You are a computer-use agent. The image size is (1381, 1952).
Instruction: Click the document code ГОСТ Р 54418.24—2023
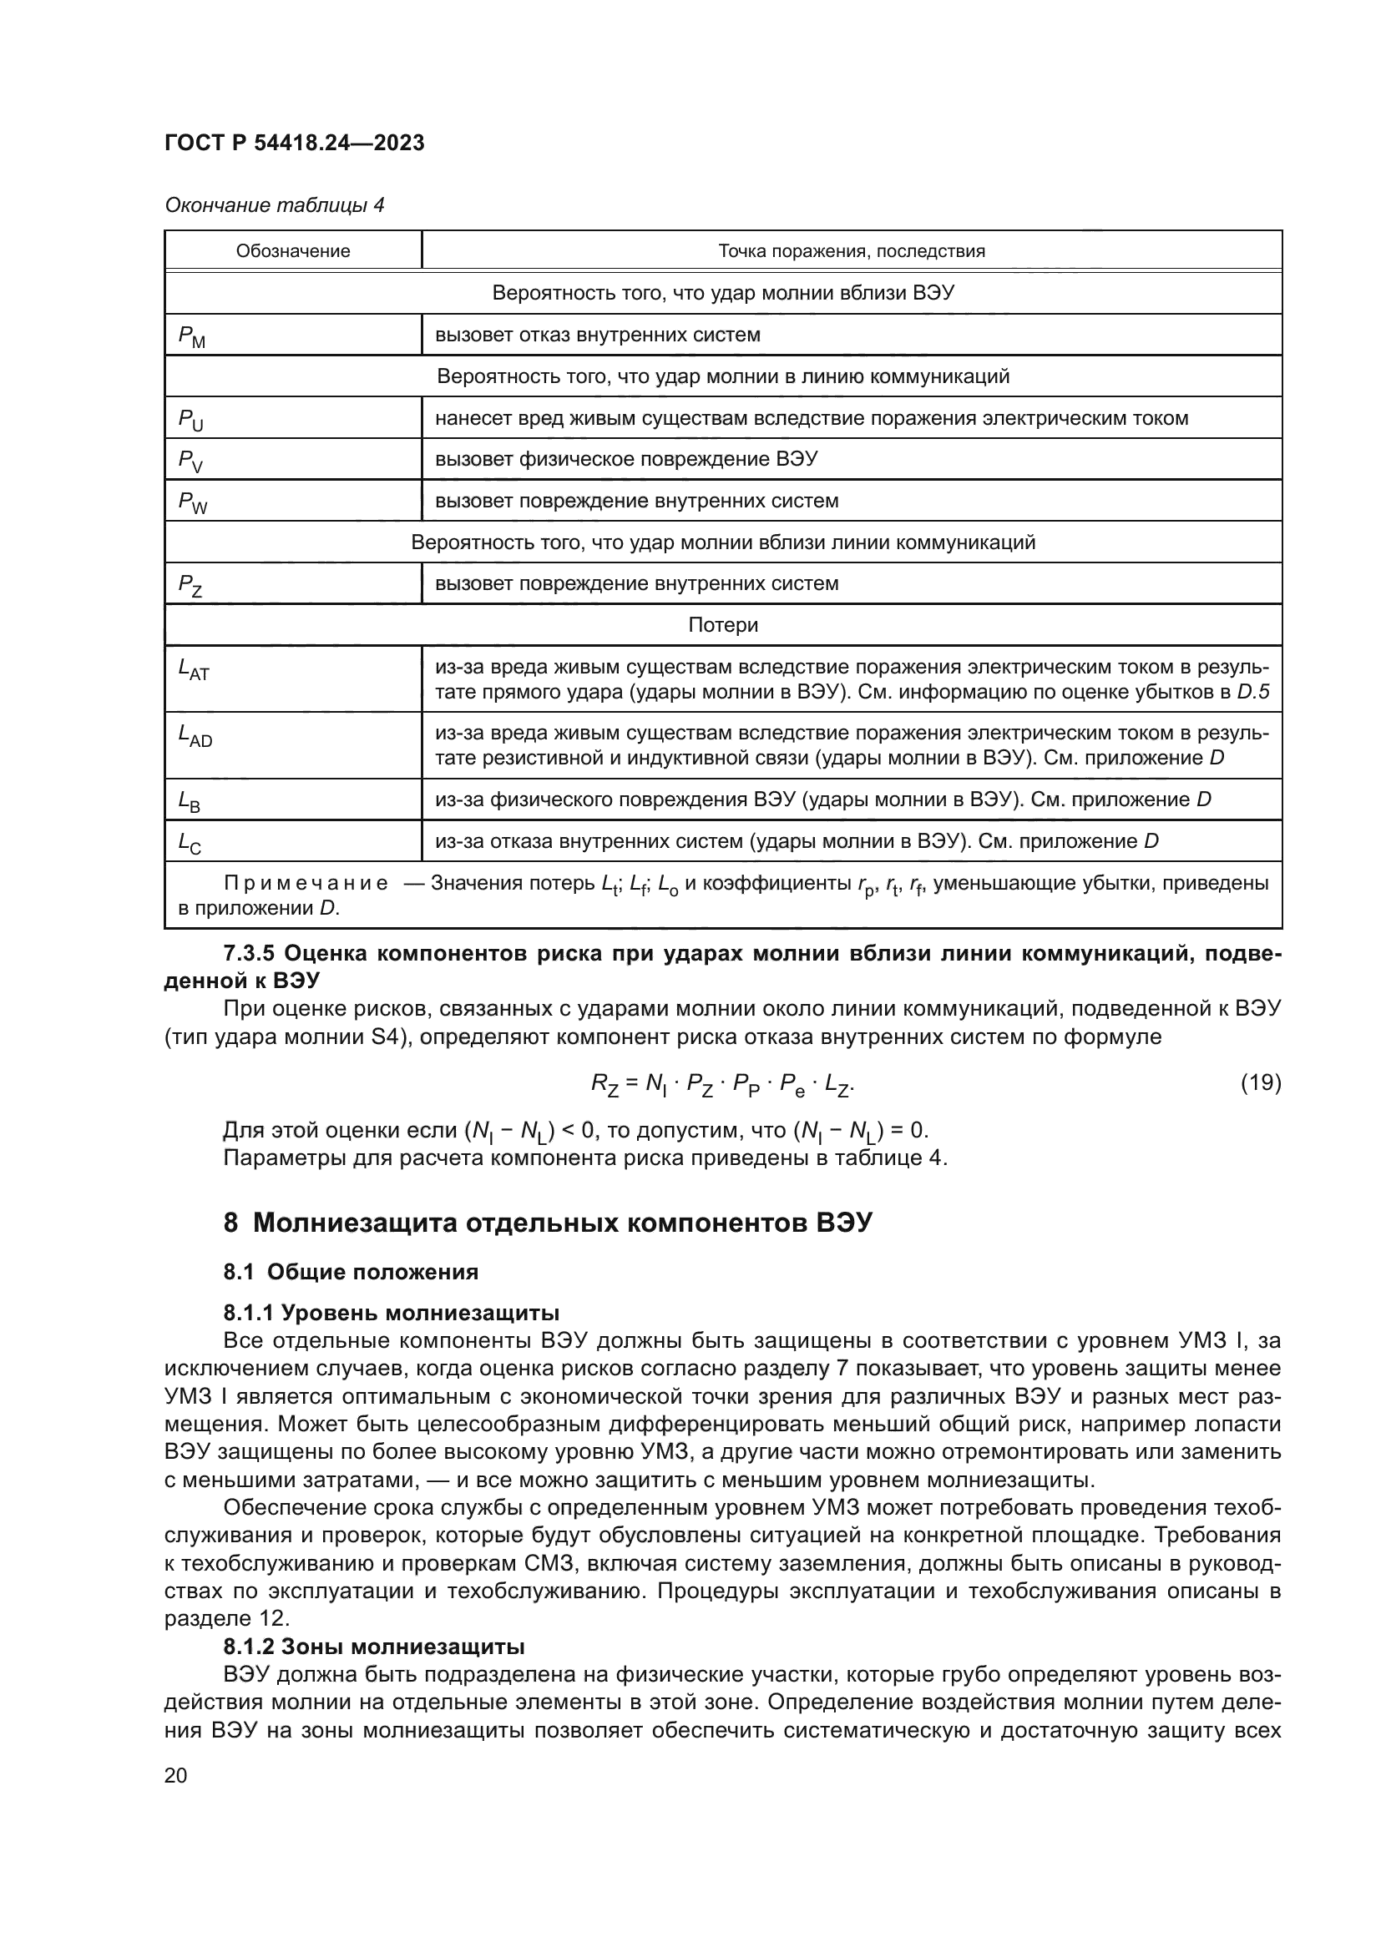coord(294,144)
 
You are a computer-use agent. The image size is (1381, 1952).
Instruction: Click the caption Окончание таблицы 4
coord(274,206)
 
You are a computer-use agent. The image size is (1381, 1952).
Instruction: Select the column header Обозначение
coord(292,251)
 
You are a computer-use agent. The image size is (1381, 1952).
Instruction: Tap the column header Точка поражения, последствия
coord(851,251)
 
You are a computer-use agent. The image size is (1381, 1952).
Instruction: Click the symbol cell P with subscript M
coord(192,336)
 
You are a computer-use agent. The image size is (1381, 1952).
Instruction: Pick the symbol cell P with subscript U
coord(191,420)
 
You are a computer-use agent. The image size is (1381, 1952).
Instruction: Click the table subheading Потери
coord(723,625)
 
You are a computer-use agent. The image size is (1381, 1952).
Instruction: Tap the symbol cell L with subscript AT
coord(194,670)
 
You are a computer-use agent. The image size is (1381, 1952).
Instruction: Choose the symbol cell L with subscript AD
coord(195,736)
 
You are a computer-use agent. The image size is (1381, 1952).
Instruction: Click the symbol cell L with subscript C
coord(190,844)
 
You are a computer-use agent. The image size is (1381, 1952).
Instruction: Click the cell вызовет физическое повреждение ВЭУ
coord(626,460)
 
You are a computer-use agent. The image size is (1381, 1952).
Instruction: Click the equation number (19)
coord(1260,1083)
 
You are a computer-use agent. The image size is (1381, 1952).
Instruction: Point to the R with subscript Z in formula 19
coord(605,1085)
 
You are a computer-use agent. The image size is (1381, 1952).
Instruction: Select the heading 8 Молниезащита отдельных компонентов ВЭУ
coord(548,1223)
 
